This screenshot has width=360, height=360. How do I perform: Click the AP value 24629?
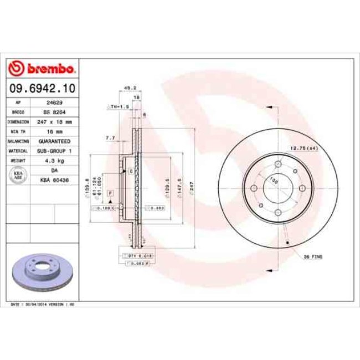point(54,103)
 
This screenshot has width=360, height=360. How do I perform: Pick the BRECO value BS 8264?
point(54,112)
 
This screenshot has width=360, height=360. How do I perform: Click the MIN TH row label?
point(18,131)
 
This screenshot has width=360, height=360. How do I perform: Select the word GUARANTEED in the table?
point(54,141)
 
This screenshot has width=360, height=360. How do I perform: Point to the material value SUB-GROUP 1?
point(54,150)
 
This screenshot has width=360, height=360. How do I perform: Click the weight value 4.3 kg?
point(54,160)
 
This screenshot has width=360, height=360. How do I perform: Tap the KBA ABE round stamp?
point(18,174)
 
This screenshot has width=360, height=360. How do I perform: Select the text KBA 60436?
point(54,179)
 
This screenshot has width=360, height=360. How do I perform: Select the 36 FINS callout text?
point(313,258)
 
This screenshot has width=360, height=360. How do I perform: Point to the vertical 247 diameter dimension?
point(192,189)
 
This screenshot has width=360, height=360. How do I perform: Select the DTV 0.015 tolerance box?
point(136,256)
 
